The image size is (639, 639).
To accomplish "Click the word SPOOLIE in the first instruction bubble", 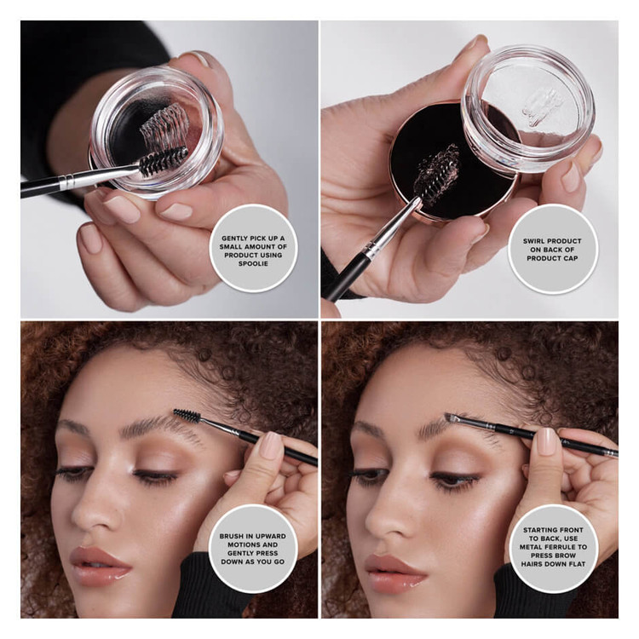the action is coord(253,263).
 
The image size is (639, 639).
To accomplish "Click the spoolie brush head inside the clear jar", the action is coord(164,160).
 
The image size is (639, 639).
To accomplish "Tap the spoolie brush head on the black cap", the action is coord(436,172).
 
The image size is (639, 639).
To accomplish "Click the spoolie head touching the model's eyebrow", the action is coord(187,415).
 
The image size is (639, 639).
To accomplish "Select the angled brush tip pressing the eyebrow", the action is coord(450,417).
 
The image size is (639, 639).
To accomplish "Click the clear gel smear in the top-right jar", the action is coord(543,106).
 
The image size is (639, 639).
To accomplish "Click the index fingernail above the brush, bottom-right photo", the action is coord(546,441).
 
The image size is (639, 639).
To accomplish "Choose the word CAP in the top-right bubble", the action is coord(571,258).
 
